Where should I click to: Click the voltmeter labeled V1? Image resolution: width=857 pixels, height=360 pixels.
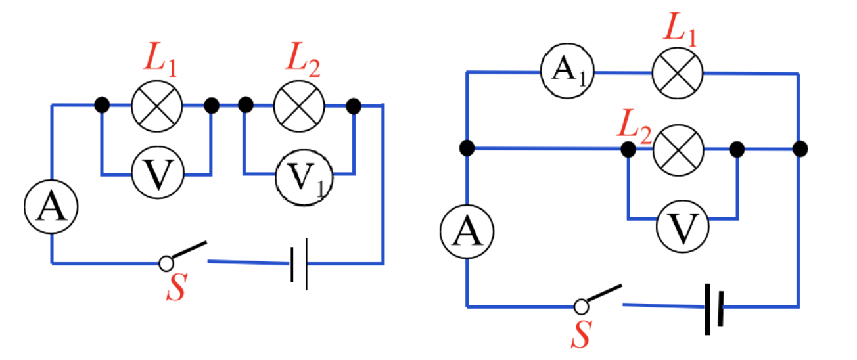tap(304, 178)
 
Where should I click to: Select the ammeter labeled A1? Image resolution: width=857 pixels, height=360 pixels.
tap(567, 71)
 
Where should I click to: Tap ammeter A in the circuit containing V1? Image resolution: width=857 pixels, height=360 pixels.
tap(51, 206)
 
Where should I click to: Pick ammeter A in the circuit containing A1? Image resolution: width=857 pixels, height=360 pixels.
tap(467, 232)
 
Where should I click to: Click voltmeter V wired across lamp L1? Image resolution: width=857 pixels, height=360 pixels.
tap(158, 173)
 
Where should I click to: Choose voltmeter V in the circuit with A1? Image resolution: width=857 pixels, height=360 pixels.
tap(683, 227)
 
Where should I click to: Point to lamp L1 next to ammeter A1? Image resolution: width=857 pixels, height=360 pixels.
tap(678, 73)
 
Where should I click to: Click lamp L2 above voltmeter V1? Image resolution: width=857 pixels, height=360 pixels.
tap(299, 106)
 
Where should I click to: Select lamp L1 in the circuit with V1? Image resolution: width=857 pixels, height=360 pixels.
tap(157, 106)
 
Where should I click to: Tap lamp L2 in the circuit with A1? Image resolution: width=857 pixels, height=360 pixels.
tap(678, 150)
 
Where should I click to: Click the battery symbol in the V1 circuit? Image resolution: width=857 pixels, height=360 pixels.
tap(299, 264)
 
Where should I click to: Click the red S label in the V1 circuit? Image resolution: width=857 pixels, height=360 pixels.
tap(176, 286)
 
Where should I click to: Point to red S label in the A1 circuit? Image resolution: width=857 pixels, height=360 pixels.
tap(582, 334)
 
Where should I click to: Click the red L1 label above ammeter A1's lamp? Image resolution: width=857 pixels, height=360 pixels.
tap(680, 29)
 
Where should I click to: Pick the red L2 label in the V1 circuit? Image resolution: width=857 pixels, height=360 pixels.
tap(302, 60)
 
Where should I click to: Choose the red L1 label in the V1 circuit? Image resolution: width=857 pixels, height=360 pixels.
tap(160, 60)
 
